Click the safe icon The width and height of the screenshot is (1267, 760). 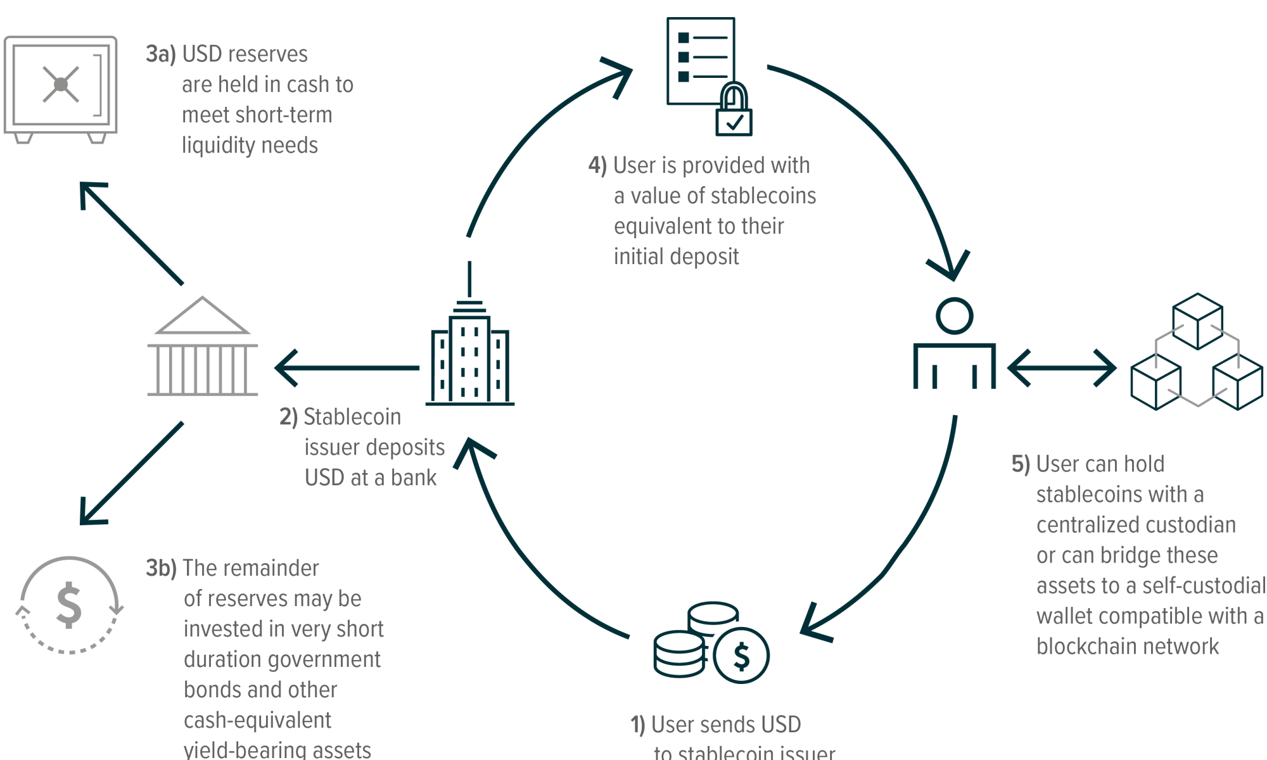tap(61, 89)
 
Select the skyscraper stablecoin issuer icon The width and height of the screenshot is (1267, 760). tap(470, 333)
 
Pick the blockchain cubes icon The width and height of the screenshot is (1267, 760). tap(1197, 351)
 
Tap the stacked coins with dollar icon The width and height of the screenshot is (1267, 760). tap(711, 642)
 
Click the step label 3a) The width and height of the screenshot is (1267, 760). tap(161, 54)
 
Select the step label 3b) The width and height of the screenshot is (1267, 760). tap(162, 568)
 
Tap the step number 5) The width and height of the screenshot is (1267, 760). tap(1021, 464)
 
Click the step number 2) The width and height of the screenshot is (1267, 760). tap(289, 417)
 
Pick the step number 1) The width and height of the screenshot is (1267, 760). tap(638, 725)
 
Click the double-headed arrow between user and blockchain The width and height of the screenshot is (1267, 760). tap(1062, 368)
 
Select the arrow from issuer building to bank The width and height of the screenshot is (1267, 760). tap(347, 368)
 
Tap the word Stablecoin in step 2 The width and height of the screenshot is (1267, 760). tap(352, 417)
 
